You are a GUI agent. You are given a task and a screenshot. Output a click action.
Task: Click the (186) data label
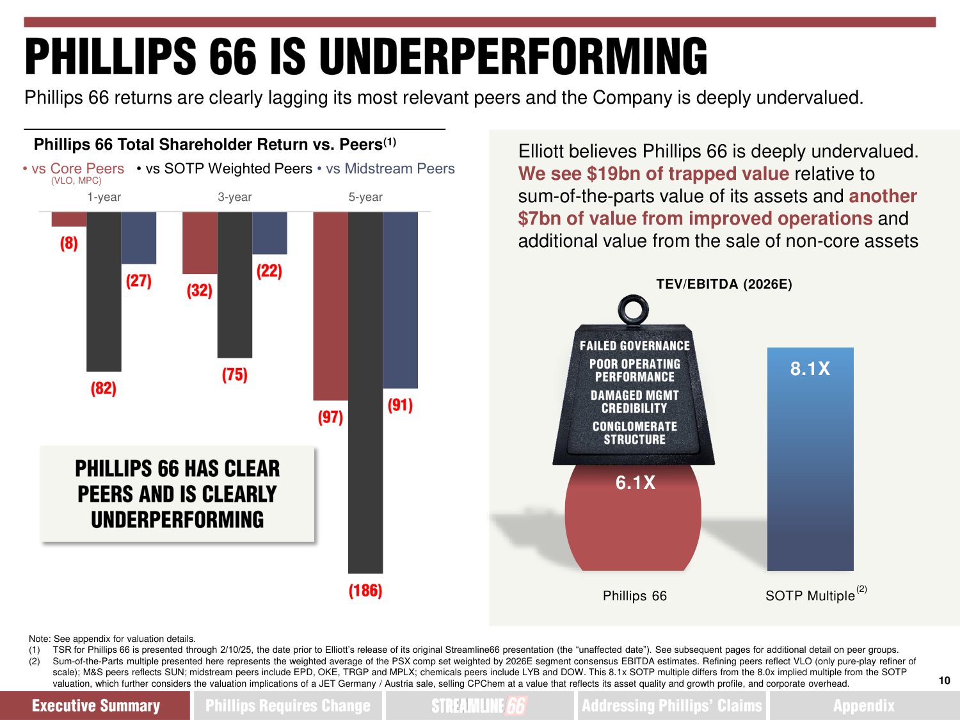(x=365, y=590)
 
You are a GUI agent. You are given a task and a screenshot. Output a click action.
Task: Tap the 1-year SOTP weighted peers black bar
(x=104, y=291)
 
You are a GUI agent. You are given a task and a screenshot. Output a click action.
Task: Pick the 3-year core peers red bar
(x=200, y=243)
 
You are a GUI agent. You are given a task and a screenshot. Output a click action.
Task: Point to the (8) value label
(x=69, y=243)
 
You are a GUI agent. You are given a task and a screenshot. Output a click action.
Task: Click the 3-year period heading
(x=234, y=197)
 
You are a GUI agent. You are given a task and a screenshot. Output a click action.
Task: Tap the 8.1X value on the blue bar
(x=810, y=369)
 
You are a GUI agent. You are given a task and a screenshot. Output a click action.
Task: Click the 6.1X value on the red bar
(x=635, y=483)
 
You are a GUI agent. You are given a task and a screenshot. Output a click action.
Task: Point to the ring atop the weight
(x=633, y=310)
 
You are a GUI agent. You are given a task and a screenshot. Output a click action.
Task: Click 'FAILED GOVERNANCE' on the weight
(x=634, y=346)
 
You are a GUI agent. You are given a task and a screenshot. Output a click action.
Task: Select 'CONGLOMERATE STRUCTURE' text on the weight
(x=634, y=433)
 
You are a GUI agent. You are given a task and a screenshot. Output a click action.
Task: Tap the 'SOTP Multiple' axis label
(x=810, y=596)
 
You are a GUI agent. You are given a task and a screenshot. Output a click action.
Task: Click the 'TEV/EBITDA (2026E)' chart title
(x=724, y=284)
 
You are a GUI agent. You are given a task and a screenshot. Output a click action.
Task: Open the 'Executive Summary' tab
(x=95, y=705)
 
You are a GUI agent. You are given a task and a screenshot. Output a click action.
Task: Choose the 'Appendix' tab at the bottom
(x=863, y=705)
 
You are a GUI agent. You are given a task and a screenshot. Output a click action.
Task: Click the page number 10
(x=944, y=680)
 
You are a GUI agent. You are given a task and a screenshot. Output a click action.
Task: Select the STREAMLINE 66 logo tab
(x=479, y=705)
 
